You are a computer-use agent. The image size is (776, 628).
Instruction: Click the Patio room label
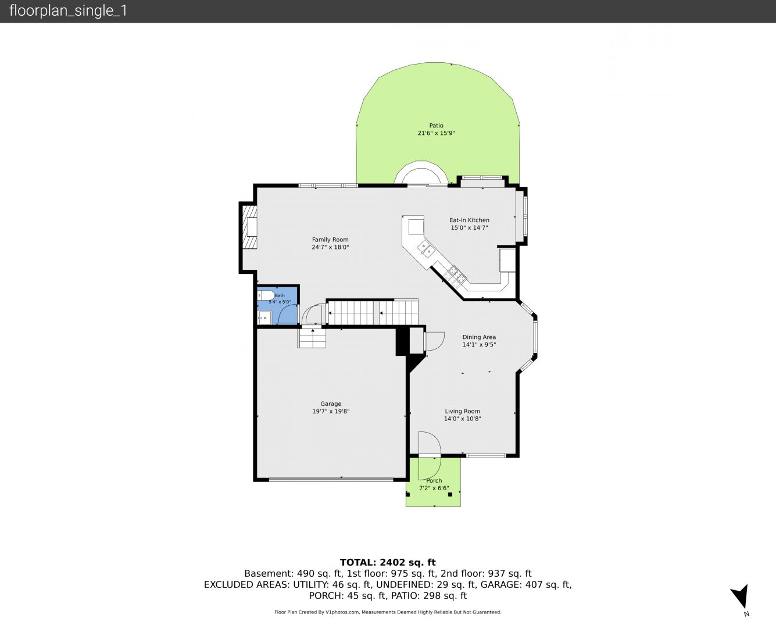click(x=436, y=126)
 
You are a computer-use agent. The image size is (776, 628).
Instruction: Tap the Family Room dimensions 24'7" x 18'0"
click(x=330, y=247)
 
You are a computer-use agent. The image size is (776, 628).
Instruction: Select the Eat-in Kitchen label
click(x=469, y=220)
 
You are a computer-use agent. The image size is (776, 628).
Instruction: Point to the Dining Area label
click(x=479, y=337)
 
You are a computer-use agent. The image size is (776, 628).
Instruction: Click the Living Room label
click(x=462, y=411)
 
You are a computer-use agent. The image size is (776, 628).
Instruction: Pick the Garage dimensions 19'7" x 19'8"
click(x=331, y=411)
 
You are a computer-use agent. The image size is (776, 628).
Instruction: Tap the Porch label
click(x=434, y=481)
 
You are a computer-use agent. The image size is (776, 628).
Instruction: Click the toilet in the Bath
click(x=266, y=295)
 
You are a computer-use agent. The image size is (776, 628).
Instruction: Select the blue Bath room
click(x=278, y=305)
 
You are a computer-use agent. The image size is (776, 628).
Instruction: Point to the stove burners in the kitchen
click(x=455, y=275)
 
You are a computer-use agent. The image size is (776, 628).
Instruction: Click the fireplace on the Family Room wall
click(x=250, y=227)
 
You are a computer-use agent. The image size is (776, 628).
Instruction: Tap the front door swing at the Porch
click(x=430, y=456)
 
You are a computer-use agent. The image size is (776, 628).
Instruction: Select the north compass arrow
click(x=741, y=597)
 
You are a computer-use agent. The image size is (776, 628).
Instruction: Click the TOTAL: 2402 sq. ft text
click(x=388, y=562)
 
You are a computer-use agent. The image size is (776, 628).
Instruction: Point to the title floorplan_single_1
click(x=68, y=11)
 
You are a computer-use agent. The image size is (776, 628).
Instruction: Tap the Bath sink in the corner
click(x=264, y=317)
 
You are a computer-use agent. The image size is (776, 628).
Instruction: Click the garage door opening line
click(x=331, y=480)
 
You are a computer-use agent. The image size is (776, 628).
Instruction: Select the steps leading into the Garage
click(x=312, y=338)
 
